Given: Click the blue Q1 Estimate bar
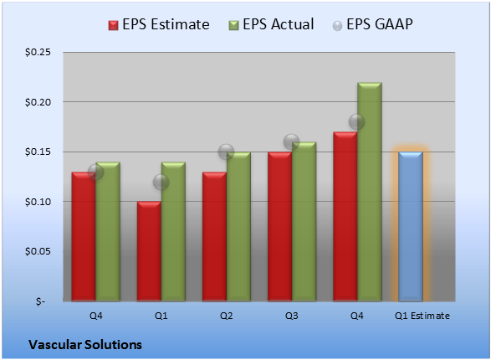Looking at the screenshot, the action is (411, 227).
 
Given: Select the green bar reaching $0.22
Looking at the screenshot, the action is (370, 192).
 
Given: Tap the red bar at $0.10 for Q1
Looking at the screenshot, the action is (149, 251).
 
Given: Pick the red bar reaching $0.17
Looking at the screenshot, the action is (345, 217).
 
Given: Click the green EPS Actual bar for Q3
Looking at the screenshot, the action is (304, 222).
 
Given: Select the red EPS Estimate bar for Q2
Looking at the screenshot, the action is (214, 237).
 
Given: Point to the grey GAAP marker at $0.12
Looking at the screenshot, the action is (161, 182).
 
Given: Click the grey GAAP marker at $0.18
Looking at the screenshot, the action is (356, 122).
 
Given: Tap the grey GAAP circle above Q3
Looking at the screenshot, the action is (292, 142).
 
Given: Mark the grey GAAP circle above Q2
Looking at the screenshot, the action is (226, 152).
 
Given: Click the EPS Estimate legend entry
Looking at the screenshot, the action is (159, 24).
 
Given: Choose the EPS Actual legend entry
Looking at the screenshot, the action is (271, 24).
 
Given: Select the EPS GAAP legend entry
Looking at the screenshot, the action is (372, 24).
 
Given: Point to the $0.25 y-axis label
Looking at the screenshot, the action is (38, 52).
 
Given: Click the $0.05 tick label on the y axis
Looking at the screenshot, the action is (38, 251).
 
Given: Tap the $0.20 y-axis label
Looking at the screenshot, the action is (38, 102).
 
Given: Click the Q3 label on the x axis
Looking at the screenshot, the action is (292, 316).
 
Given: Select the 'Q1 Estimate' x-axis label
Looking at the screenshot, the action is (422, 316).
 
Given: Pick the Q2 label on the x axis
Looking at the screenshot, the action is (226, 316).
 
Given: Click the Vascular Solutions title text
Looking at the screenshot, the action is (85, 345).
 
